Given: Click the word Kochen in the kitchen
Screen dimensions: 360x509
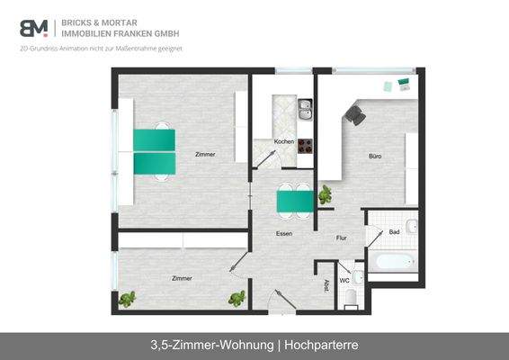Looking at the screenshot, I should coord(283,142).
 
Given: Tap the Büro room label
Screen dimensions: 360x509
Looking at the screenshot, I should coord(375,157).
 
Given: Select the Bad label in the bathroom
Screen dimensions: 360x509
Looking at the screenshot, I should coord(395,233).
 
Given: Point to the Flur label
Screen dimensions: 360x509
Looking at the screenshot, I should coord(342,238).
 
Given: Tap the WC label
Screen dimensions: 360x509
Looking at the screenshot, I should coord(344,266).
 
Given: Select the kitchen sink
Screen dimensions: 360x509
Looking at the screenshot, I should coord(305,110).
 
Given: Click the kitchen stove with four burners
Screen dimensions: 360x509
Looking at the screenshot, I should coord(305,144).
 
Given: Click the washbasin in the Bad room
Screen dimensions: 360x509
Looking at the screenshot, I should coord(411,226).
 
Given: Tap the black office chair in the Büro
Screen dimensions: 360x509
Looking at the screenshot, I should coord(354,114).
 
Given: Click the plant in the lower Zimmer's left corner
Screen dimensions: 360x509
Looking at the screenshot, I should coord(128,299).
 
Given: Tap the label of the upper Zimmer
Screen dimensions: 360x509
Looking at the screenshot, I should coord(204,155).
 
